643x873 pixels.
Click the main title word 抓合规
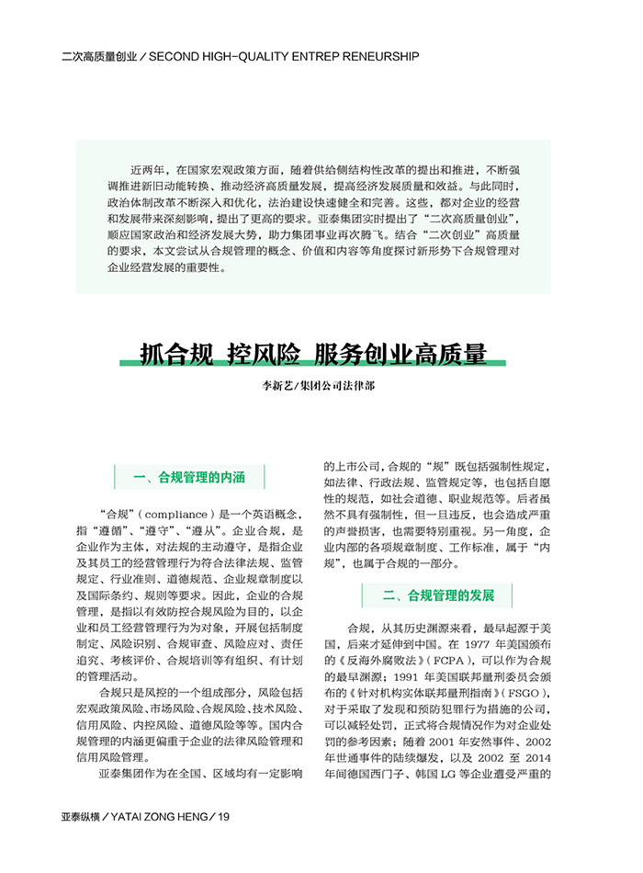[x=175, y=353]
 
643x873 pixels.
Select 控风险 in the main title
[x=263, y=353]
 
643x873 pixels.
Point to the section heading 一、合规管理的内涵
[x=189, y=477]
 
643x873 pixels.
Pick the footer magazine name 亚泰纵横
[x=80, y=816]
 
